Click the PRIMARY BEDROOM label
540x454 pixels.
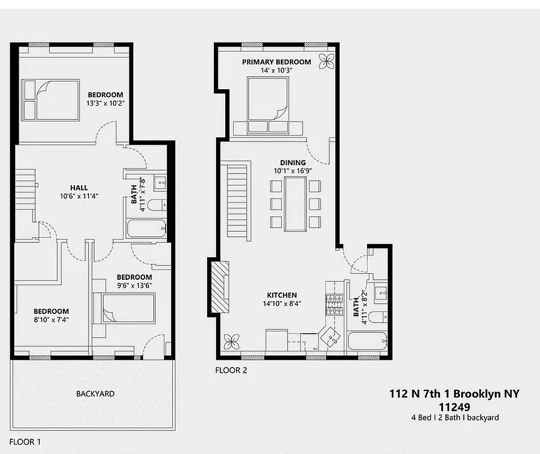276,62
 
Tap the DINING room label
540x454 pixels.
293,163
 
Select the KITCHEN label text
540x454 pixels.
282,295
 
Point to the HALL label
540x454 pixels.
79,188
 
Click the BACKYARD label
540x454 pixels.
95,394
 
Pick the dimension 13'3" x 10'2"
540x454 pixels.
105,104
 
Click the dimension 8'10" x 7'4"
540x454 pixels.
51,320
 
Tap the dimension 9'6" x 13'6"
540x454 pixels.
134,285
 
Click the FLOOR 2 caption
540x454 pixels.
231,371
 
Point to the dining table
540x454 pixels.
295,204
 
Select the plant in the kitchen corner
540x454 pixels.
231,341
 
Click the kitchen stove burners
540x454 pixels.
334,305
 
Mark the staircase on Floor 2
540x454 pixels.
238,200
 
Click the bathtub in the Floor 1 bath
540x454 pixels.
146,229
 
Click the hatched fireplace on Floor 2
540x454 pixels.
221,287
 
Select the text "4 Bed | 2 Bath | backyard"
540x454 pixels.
455,417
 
